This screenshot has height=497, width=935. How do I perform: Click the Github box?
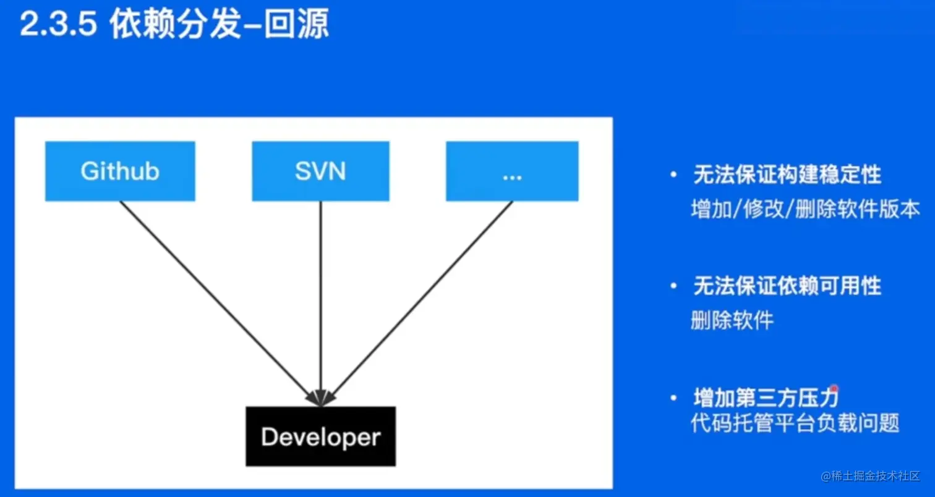tap(120, 171)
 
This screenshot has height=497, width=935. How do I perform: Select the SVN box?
tap(320, 171)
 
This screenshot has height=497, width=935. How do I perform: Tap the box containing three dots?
tap(512, 171)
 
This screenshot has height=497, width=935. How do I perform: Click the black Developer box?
tap(320, 436)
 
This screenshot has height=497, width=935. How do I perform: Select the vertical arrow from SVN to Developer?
tap(320, 304)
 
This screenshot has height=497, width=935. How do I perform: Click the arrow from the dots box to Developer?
tap(417, 304)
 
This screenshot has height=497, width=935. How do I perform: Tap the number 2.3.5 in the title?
tap(58, 23)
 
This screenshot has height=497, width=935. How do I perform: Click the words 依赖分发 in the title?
tap(176, 23)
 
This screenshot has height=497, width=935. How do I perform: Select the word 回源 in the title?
tap(296, 23)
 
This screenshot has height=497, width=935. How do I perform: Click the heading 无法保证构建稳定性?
tap(787, 174)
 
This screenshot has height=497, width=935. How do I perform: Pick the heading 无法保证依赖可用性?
tap(787, 286)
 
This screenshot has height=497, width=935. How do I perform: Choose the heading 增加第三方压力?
tap(766, 397)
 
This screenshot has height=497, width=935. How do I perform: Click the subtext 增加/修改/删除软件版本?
tap(806, 209)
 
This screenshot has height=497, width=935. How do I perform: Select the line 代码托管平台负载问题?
tap(795, 423)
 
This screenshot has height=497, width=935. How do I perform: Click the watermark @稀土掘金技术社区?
tap(870, 476)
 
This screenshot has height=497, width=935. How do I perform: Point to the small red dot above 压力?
tap(834, 389)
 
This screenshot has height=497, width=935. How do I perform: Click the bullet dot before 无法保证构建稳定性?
tap(673, 174)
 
